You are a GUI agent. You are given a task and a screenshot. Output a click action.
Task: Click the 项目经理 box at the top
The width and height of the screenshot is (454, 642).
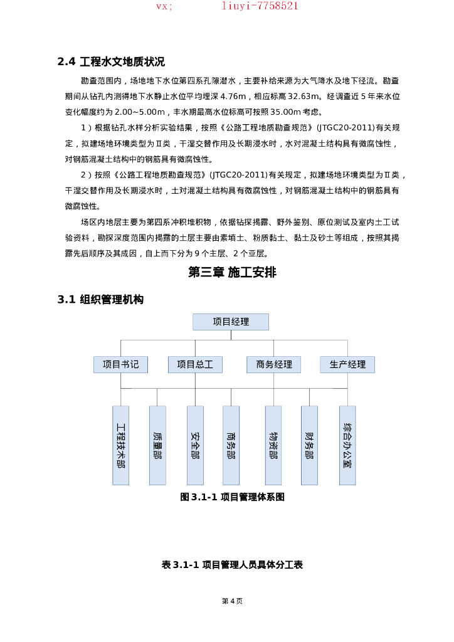pyautogui.click(x=231, y=322)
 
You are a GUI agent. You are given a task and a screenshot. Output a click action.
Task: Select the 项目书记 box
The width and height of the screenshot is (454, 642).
pyautogui.click(x=120, y=364)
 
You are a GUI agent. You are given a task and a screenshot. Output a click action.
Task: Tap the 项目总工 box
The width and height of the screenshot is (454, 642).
pyautogui.click(x=195, y=364)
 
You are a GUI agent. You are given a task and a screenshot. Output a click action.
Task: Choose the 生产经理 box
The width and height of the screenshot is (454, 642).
pyautogui.click(x=347, y=364)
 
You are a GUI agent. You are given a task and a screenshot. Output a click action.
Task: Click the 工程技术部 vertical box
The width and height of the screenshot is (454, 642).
pyautogui.click(x=120, y=445)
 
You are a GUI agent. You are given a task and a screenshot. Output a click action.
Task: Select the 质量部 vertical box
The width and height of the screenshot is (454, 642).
pyautogui.click(x=157, y=445)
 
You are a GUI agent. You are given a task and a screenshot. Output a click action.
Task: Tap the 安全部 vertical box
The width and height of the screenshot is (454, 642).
pyautogui.click(x=195, y=445)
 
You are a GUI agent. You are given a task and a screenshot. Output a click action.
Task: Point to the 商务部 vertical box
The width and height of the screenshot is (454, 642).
pyautogui.click(x=231, y=445)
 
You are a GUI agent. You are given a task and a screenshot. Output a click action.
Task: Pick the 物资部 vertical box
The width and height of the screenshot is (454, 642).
pyautogui.click(x=273, y=445)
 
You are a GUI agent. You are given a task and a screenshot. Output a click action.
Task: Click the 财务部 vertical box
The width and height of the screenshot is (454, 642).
pyautogui.click(x=309, y=445)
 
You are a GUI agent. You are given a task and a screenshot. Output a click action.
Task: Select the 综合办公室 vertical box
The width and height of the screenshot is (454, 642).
pyautogui.click(x=347, y=445)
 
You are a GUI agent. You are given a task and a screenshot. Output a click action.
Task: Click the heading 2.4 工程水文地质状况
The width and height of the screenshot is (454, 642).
pyautogui.click(x=111, y=61)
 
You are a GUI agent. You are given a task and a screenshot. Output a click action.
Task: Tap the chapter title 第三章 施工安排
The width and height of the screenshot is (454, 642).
pyautogui.click(x=232, y=272)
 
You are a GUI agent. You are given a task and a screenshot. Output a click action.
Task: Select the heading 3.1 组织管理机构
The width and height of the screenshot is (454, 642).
pyautogui.click(x=100, y=300)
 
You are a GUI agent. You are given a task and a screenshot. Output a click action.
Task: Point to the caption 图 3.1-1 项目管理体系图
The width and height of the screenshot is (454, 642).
pyautogui.click(x=232, y=497)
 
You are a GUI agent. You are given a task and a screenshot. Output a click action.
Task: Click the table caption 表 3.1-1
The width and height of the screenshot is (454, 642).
pyautogui.click(x=232, y=565)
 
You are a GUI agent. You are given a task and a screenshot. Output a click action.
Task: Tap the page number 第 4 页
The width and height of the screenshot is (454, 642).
pyautogui.click(x=232, y=601)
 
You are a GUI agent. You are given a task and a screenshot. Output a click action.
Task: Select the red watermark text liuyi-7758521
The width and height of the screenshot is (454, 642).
pyautogui.click(x=260, y=6)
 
